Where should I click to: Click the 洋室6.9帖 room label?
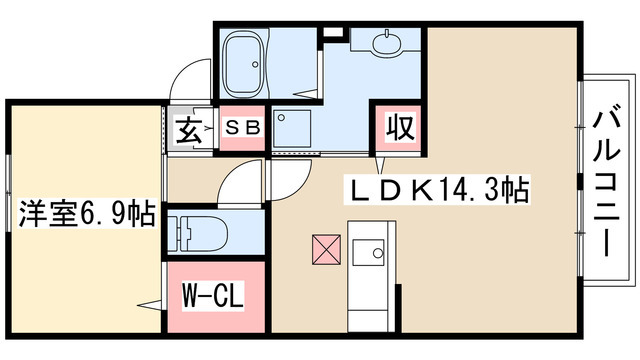tap(86, 213)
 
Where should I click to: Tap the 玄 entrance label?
tap(189, 130)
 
